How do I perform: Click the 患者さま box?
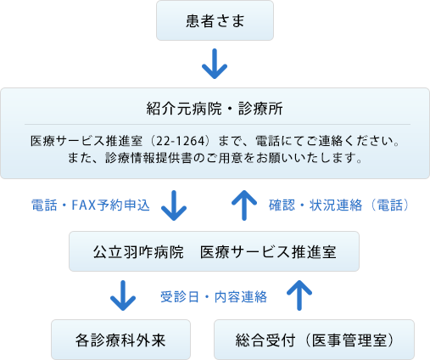pos(215,20)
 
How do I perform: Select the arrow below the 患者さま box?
pos(215,64)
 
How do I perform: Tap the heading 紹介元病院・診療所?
pos(215,109)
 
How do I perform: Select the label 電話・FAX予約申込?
pos(91,205)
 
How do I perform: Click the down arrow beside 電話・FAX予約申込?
pos(174,205)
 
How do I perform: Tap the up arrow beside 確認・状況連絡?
pos(244,205)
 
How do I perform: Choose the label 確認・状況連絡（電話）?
pos(338,205)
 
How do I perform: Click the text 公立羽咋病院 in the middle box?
pos(138,251)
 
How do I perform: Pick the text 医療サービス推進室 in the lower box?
pos(268,251)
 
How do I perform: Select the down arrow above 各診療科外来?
pos(123,295)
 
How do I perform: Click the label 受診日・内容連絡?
pos(214,297)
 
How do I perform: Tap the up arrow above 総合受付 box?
pos(299,295)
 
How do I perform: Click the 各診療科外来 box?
pos(120,340)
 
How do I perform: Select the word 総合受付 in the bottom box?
pos(265,340)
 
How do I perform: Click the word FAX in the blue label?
pos(84,205)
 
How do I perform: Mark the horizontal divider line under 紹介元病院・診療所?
pos(217,124)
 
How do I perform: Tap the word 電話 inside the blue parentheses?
pos(390,205)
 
